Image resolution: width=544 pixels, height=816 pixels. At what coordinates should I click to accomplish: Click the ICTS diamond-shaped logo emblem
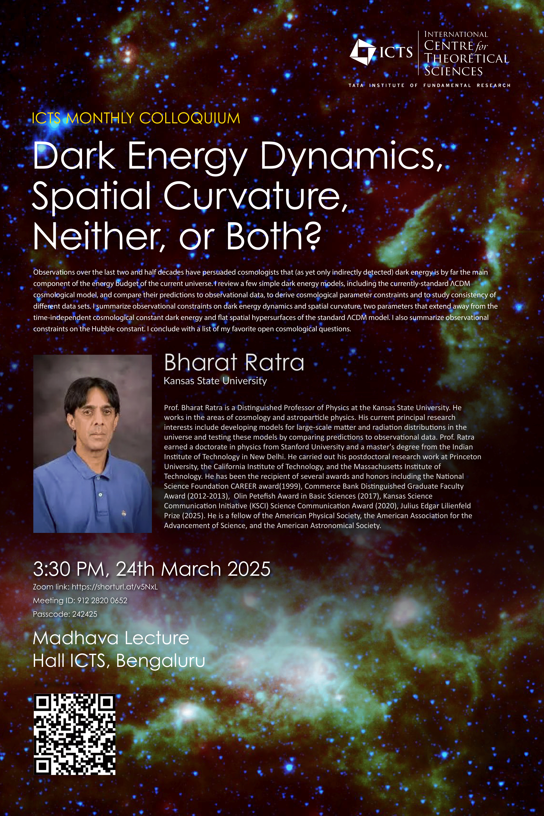pos(362,52)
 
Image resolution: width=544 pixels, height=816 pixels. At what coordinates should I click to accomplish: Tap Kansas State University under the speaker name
pos(215,381)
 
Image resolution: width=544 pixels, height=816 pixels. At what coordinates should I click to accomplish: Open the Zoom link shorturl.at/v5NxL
pos(114,587)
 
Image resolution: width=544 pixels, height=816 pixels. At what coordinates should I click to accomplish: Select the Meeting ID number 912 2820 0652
pos(102,600)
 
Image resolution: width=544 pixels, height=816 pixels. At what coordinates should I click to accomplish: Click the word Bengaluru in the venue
pos(160,661)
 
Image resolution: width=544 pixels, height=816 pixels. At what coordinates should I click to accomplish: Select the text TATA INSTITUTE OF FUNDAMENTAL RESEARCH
pos(430,85)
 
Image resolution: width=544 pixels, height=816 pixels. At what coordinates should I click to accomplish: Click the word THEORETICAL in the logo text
pos(467,58)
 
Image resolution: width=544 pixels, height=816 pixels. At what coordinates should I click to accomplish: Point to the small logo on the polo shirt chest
pos(123,513)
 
